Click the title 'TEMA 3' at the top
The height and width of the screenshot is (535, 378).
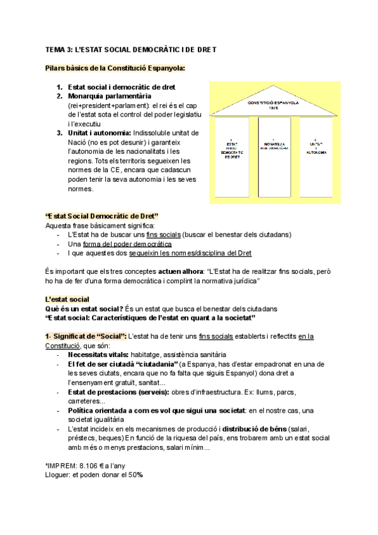pyautogui.click(x=60, y=49)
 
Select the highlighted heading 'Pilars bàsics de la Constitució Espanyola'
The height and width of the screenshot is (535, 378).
pyautogui.click(x=115, y=68)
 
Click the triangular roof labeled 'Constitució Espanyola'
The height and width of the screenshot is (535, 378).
pyautogui.click(x=273, y=103)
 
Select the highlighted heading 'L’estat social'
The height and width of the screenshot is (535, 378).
pyautogui.click(x=67, y=298)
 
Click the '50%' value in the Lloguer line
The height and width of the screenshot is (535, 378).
pyautogui.click(x=135, y=475)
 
